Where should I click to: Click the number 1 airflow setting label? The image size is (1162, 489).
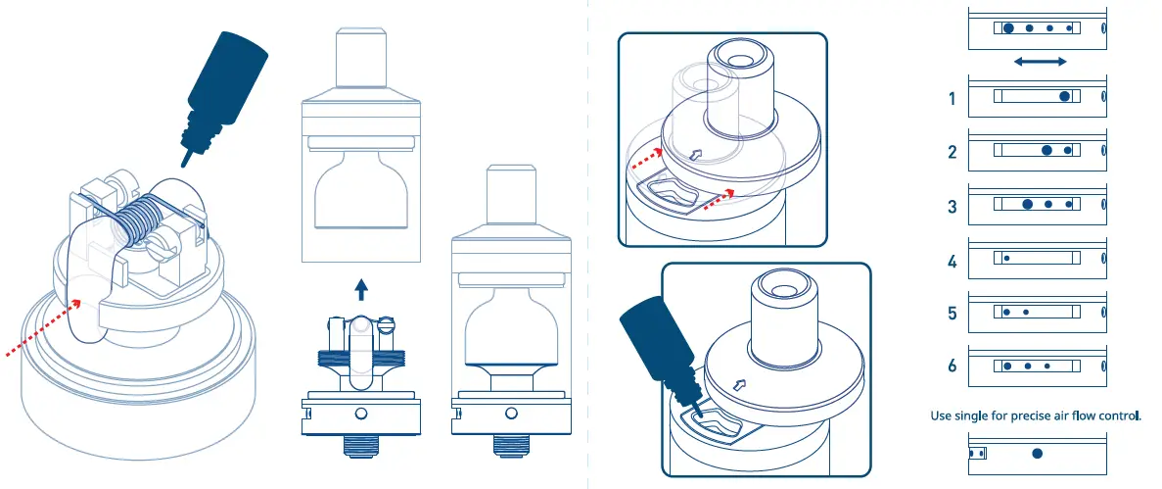[952, 99]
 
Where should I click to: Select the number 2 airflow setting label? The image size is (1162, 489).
[952, 152]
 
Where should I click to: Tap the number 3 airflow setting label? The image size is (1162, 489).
[952, 206]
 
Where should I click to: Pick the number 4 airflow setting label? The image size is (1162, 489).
[952, 261]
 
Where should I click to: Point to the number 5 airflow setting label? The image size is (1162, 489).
[952, 314]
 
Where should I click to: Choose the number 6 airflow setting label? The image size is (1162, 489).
[952, 367]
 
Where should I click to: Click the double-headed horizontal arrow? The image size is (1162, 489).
[1040, 62]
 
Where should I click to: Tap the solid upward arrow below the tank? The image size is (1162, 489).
[361, 288]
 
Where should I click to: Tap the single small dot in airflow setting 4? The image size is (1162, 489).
[1006, 258]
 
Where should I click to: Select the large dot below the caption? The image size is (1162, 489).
[1037, 454]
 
